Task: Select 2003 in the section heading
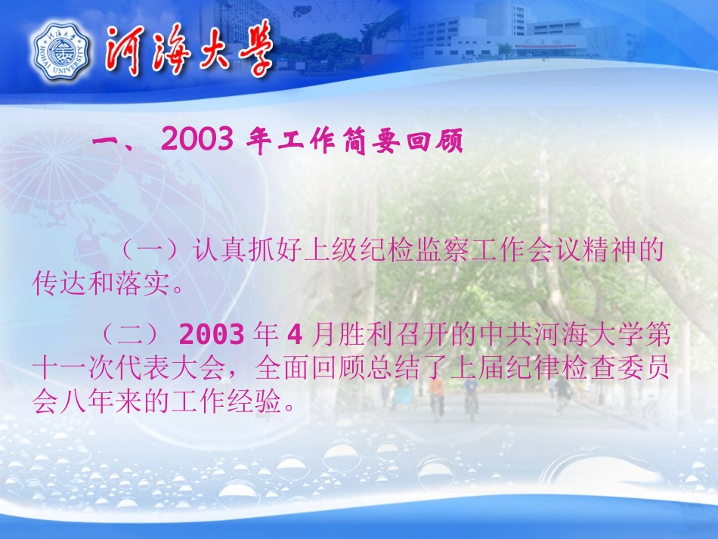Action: coord(197,141)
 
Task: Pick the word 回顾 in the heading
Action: coord(438,142)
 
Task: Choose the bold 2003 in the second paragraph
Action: coord(212,334)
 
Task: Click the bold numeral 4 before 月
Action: coord(296,334)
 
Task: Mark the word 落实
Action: coord(134,285)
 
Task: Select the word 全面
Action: coord(276,369)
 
